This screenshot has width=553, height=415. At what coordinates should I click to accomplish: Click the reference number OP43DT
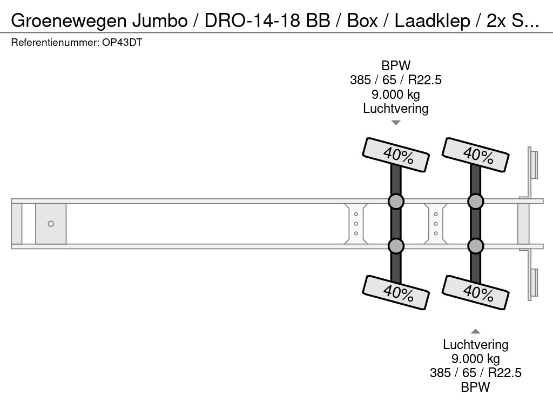coord(122,43)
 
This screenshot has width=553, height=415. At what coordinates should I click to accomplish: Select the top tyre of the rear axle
coord(476,155)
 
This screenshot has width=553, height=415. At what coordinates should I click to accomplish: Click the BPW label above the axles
coord(396,66)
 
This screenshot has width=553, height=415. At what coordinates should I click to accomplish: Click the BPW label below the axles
coord(476,387)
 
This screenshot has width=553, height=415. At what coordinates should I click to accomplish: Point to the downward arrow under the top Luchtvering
coord(396,123)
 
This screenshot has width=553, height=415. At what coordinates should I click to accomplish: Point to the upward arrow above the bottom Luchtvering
coord(476,331)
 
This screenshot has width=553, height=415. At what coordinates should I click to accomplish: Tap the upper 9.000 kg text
coord(396,95)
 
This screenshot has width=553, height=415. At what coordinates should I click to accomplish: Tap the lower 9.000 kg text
coord(476,358)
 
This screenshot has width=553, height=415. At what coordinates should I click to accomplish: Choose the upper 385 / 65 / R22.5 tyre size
coord(396,80)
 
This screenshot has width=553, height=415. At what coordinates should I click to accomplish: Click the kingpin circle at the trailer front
coord(51,224)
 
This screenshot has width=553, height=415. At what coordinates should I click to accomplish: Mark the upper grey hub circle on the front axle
coord(396,202)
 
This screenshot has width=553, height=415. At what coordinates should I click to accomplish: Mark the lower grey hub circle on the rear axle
coord(475,246)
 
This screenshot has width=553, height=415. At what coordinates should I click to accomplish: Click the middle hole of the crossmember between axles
coord(436,224)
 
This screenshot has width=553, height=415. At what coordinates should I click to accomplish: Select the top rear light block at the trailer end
coord(534,164)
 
